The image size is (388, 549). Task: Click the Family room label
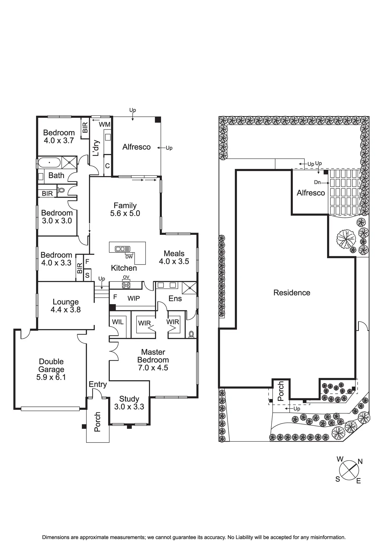tap(125, 206)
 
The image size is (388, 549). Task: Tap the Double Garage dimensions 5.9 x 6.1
tap(51, 377)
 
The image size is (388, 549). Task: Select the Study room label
tap(129, 399)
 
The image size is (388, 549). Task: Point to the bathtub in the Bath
tap(50, 163)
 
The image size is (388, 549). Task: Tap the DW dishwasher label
tap(129, 257)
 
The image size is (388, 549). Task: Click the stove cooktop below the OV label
tap(126, 285)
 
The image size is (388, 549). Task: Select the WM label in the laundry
tap(105, 125)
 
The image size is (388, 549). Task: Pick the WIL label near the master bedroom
tap(118, 322)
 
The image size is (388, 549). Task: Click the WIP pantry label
tap(134, 298)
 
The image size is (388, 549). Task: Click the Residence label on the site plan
tap(292, 293)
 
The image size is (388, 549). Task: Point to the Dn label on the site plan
tap(317, 182)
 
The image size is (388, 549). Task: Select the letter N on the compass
tap(360, 461)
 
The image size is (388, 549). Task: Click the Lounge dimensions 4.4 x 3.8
tap(66, 310)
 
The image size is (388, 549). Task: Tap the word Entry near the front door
tap(98, 385)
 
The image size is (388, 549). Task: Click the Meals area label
tap(174, 254)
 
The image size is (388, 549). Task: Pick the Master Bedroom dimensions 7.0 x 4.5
tap(153, 368)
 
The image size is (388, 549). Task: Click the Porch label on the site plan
tap(281, 391)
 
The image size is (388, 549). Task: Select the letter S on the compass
tap(338, 479)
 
